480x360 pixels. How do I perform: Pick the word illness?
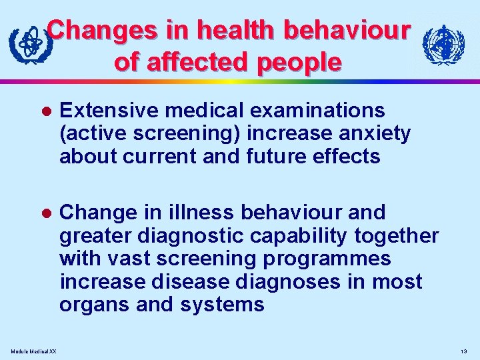tap(201, 213)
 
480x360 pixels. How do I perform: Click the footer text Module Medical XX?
tap(33, 351)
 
